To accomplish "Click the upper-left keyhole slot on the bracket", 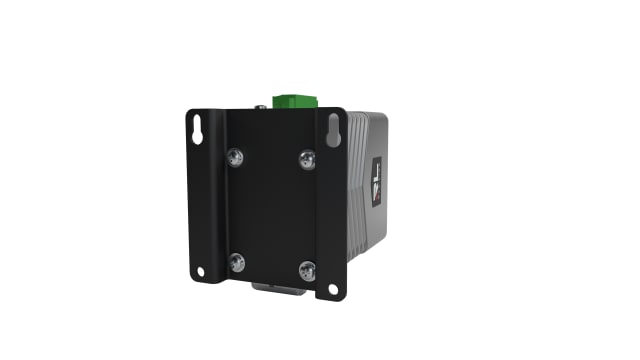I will click(x=198, y=128).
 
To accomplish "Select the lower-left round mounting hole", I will click(x=200, y=271).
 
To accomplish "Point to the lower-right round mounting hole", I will click(x=333, y=289).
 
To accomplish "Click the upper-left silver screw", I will click(x=235, y=156).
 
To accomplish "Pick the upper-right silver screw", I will click(x=307, y=158).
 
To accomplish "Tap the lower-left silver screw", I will click(x=237, y=262).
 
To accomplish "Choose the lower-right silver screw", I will click(x=307, y=269).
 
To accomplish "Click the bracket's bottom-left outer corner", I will click(x=190, y=279).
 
